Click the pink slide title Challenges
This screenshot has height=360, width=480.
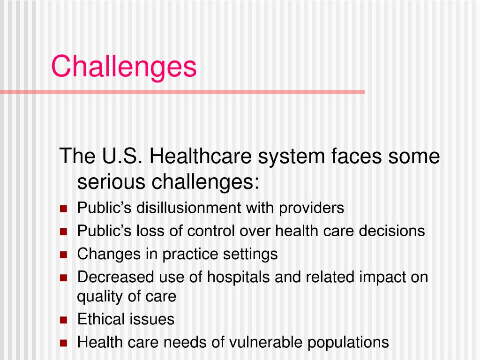pyautogui.click(x=124, y=66)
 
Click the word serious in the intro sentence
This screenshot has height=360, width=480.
pyautogui.click(x=110, y=181)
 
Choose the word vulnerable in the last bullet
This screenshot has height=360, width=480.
pyautogui.click(x=266, y=342)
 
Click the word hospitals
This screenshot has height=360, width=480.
pyautogui.click(x=238, y=277)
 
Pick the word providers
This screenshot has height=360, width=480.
pyautogui.click(x=312, y=208)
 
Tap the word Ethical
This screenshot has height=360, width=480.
pyautogui.click(x=100, y=320)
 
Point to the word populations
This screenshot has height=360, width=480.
pyautogui.click(x=348, y=342)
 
